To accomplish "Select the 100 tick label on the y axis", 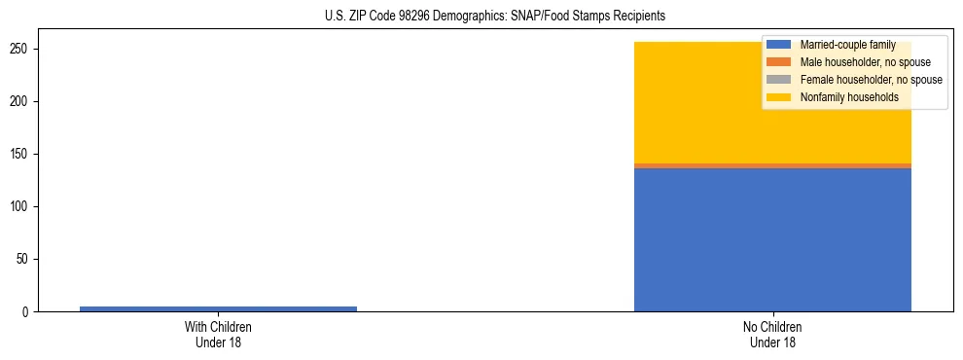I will [x=20, y=207].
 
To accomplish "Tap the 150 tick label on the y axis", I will [x=20, y=155].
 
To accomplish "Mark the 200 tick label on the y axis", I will [x=20, y=102].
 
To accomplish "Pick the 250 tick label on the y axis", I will [x=20, y=50].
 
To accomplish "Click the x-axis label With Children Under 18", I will [x=218, y=335].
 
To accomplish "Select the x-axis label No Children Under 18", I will [x=772, y=335].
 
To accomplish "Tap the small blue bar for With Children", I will [x=218, y=308].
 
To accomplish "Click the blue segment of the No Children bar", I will [x=772, y=239].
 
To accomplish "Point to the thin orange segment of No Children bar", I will [x=772, y=165].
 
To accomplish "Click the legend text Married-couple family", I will [x=847, y=45].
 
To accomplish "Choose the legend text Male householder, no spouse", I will [x=865, y=62].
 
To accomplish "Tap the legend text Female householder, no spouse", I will [x=871, y=80].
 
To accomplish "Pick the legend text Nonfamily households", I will [x=849, y=97].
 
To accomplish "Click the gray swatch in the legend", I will [x=778, y=80].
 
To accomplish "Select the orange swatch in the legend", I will [x=778, y=62].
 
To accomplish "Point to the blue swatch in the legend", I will [x=778, y=45].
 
